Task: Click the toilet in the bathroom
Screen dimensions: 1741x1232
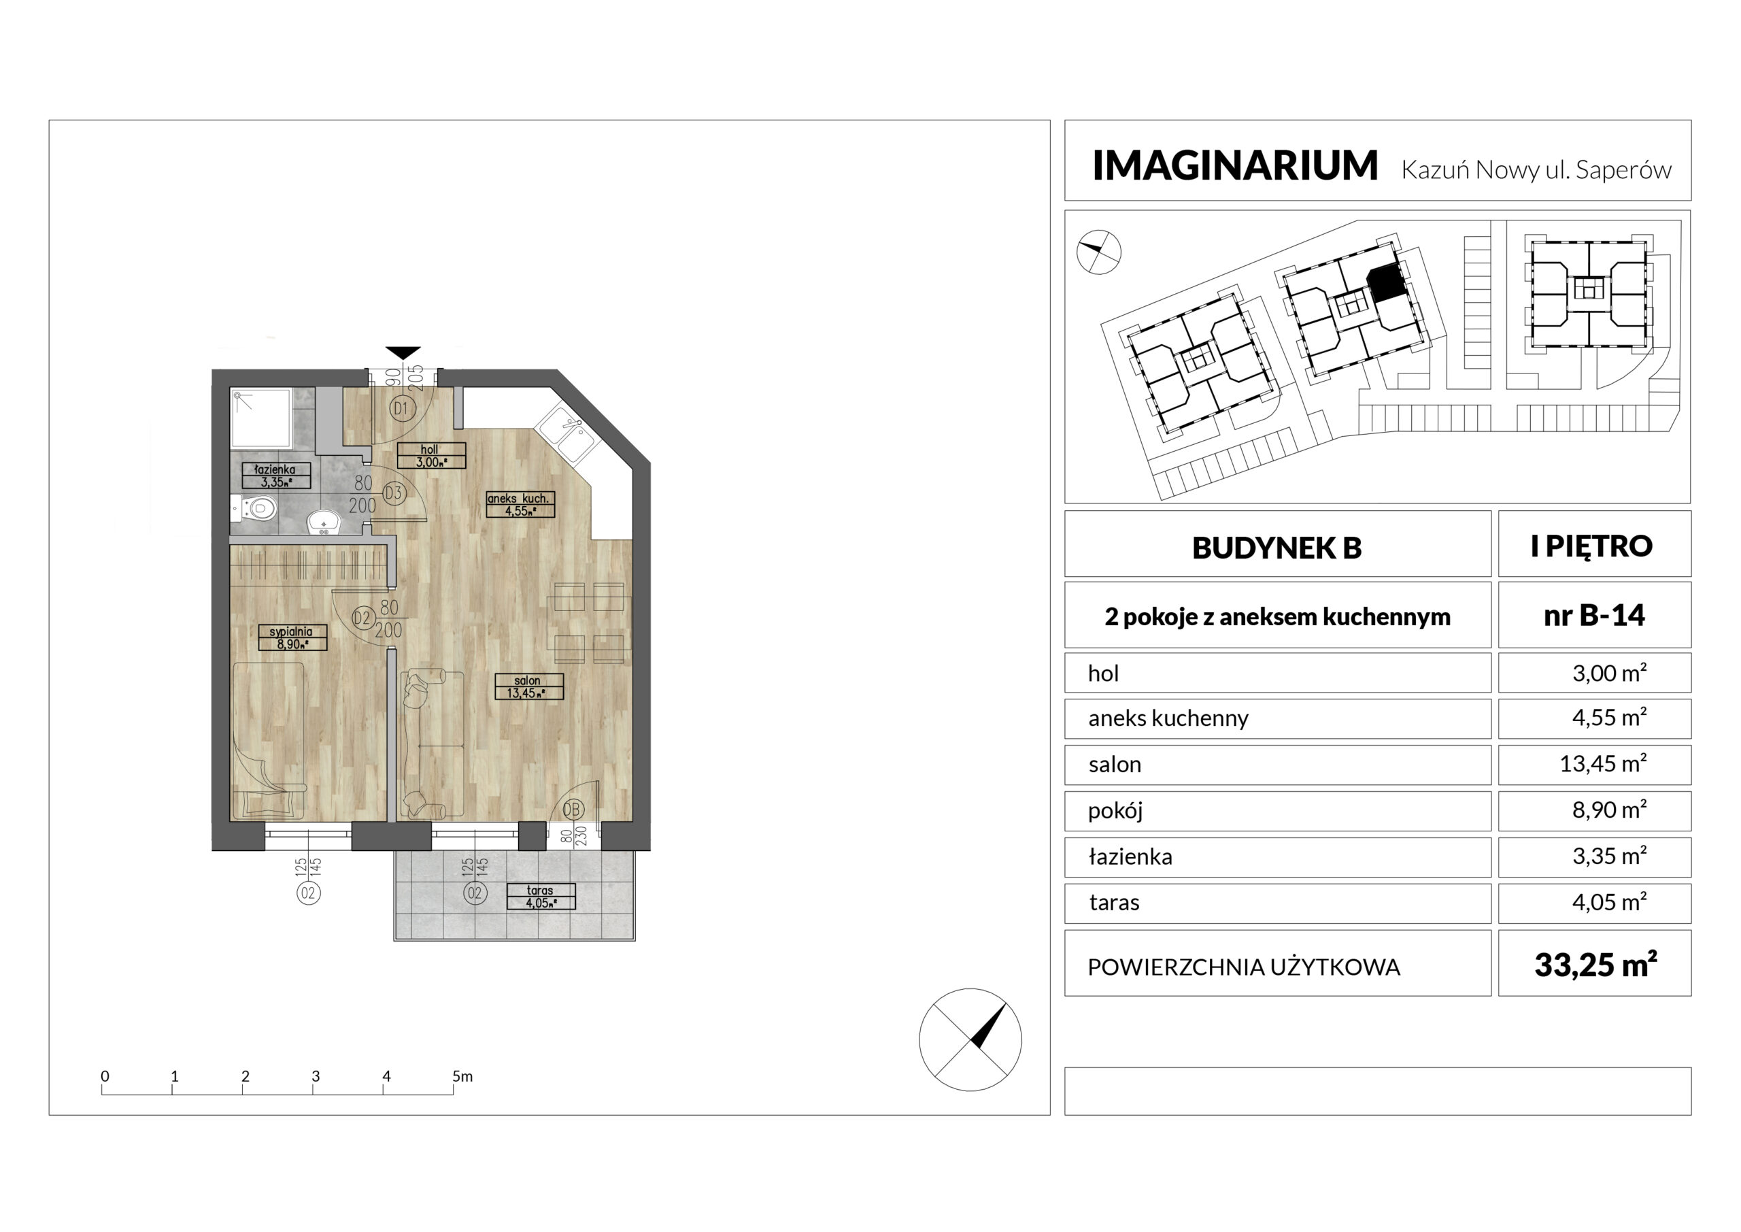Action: pyautogui.click(x=253, y=507)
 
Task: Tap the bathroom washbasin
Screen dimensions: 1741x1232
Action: pyautogui.click(x=325, y=522)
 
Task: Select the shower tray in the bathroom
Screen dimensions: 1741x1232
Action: pyautogui.click(x=262, y=418)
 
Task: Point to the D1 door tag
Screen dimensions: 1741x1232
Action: pyautogui.click(x=401, y=409)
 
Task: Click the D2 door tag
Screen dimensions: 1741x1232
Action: pyautogui.click(x=362, y=618)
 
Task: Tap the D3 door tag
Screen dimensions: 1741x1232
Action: pyautogui.click(x=393, y=493)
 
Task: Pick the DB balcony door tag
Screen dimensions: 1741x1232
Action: pyautogui.click(x=572, y=810)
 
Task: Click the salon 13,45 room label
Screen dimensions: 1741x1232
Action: pyautogui.click(x=528, y=686)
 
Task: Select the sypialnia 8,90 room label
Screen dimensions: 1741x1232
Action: pyautogui.click(x=292, y=637)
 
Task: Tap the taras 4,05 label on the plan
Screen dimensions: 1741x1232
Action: pyautogui.click(x=541, y=896)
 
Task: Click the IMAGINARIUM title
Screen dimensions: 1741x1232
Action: pyautogui.click(x=1234, y=165)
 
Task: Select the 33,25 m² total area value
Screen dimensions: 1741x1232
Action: pyautogui.click(x=1595, y=965)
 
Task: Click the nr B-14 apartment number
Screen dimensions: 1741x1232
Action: pyautogui.click(x=1594, y=614)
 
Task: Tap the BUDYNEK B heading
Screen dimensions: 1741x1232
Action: pyautogui.click(x=1277, y=548)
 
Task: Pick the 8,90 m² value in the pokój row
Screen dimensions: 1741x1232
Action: pyautogui.click(x=1609, y=810)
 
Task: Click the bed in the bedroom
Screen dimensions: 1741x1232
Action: pyautogui.click(x=269, y=740)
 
